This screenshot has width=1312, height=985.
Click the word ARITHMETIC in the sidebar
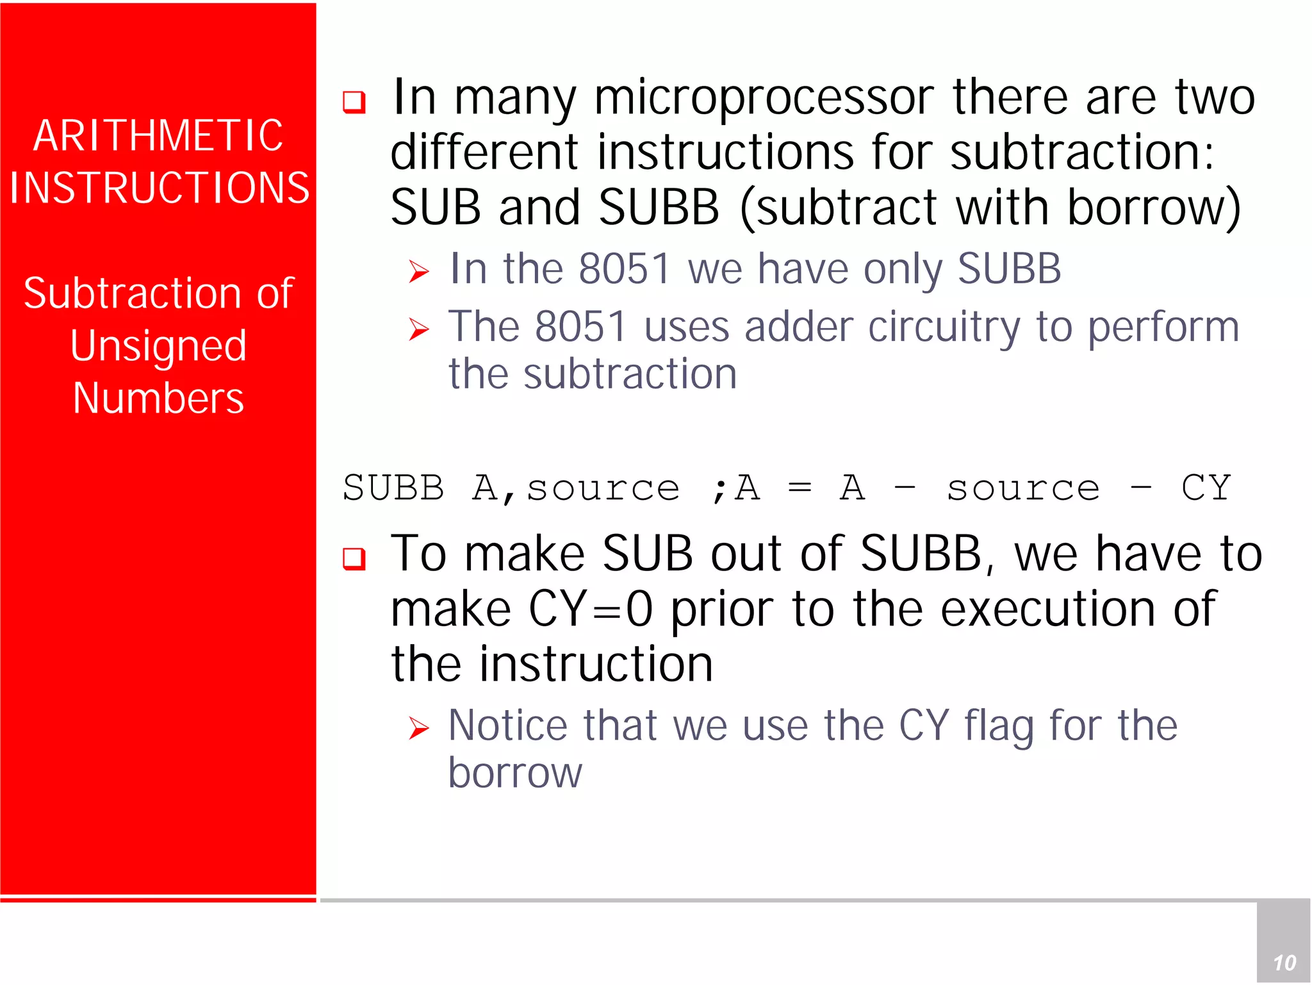158,136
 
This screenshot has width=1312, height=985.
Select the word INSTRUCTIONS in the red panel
160,188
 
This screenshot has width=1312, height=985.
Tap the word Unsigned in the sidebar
158,346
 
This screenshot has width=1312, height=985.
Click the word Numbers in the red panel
158,399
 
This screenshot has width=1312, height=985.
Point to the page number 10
1284,963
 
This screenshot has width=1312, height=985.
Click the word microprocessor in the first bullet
764,97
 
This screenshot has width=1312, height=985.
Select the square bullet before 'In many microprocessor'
354,102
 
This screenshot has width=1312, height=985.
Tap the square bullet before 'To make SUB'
354,558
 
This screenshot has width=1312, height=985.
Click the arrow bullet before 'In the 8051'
419,272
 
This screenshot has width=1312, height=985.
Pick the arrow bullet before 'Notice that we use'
419,729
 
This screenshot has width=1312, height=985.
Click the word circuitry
944,327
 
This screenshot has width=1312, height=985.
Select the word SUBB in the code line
393,488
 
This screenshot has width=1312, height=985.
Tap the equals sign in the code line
799,488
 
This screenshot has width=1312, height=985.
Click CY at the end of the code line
1206,488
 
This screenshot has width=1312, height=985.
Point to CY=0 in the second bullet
590,609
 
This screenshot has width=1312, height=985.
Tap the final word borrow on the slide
515,773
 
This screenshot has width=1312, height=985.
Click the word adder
798,327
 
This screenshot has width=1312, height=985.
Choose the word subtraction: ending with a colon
1081,153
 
